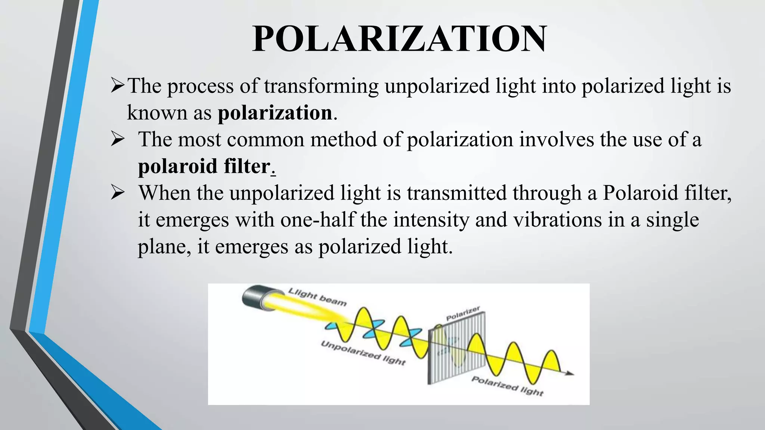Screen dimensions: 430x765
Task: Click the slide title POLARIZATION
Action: click(x=400, y=39)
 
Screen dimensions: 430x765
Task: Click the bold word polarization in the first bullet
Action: click(x=275, y=113)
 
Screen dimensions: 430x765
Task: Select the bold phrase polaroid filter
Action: click(x=204, y=166)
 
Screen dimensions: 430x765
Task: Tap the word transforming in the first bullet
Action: click(x=321, y=86)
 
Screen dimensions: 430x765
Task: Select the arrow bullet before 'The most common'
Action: click(x=118, y=140)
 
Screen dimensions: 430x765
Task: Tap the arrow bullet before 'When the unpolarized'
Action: click(x=118, y=193)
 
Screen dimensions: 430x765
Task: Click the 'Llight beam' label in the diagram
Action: click(x=318, y=297)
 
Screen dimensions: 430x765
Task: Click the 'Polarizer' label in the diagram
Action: click(x=463, y=314)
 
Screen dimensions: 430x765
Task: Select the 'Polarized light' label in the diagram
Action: click(x=507, y=386)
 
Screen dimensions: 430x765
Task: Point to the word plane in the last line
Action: click(x=161, y=247)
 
